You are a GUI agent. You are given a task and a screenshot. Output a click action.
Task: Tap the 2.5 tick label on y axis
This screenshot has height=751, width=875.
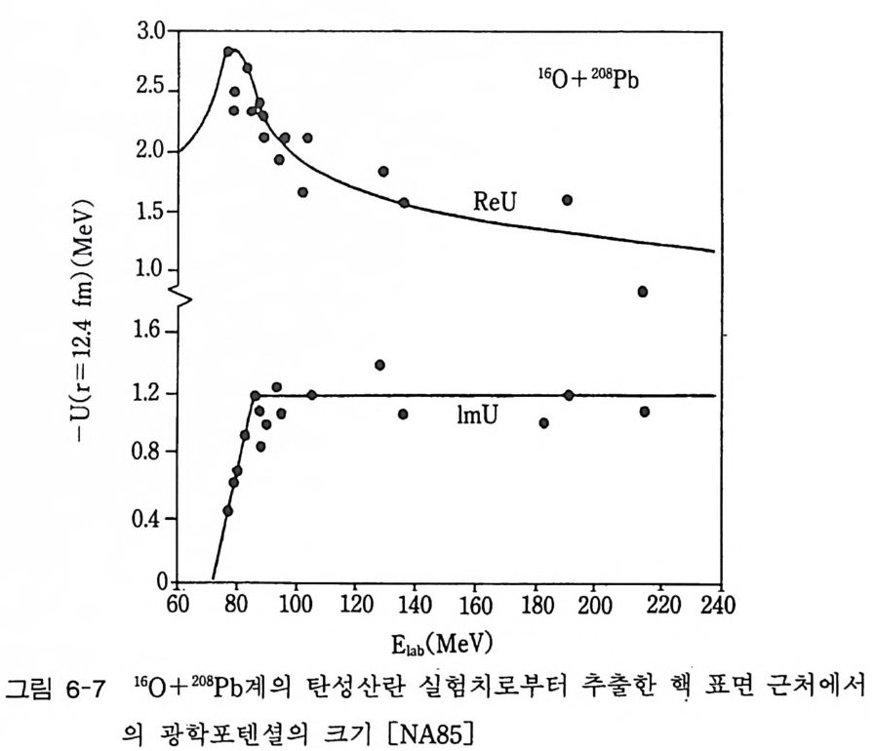pos(152,92)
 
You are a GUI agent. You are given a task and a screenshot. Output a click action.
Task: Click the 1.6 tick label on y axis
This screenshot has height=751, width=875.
pos(152,333)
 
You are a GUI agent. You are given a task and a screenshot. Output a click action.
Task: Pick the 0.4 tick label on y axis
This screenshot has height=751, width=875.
pos(152,518)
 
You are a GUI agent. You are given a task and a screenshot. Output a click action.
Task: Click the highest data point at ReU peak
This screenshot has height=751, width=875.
pos(228,52)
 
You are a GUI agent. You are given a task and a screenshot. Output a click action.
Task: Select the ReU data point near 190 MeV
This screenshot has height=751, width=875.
pos(567,200)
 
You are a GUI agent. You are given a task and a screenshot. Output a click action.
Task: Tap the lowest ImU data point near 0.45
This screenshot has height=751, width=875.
pos(227,511)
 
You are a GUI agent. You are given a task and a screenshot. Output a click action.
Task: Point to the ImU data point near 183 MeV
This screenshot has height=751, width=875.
pos(543,423)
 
